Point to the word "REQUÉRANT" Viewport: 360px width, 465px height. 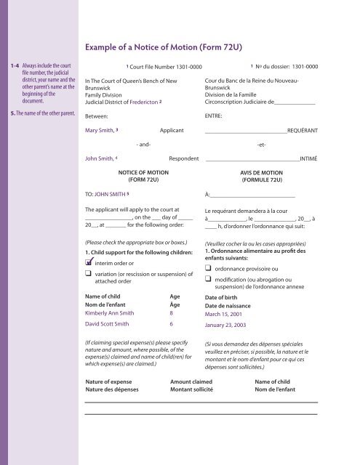302,132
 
